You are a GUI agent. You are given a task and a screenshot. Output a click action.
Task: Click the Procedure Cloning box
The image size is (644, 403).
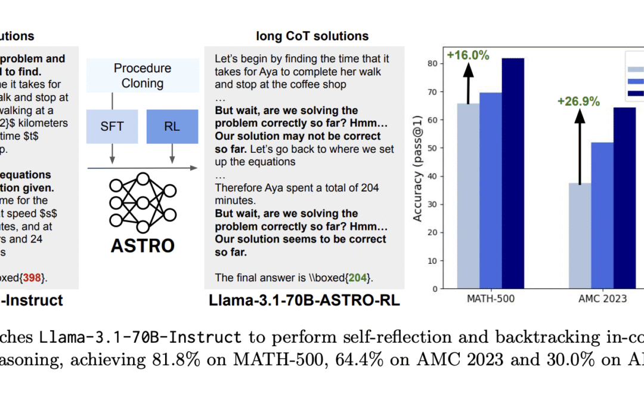[143, 76]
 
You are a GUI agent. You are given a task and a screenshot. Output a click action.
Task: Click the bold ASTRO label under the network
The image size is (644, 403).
[143, 245]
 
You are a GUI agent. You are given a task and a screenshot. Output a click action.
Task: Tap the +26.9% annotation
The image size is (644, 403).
[578, 101]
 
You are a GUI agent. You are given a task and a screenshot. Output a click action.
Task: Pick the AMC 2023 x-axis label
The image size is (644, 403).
[603, 299]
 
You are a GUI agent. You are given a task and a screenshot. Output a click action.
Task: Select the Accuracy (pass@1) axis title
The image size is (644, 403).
[417, 176]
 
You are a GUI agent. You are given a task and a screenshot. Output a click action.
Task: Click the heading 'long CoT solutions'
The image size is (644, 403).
[312, 36]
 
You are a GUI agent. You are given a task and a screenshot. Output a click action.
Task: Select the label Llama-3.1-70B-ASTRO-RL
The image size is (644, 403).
[304, 300]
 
